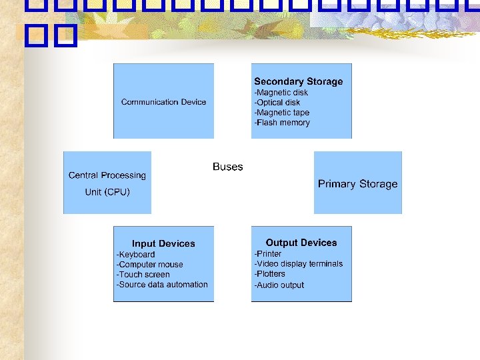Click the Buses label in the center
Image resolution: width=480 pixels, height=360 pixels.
tap(227, 167)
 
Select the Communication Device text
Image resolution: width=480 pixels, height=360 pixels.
tap(163, 102)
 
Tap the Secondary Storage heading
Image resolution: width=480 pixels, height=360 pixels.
tap(298, 81)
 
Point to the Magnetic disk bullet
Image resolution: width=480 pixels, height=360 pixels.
tap(281, 93)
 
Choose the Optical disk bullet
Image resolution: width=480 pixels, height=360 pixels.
tap(277, 103)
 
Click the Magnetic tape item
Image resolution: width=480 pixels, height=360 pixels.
tap(281, 113)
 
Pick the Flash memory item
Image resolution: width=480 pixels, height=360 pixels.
tap(281, 123)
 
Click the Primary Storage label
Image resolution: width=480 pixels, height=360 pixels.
tap(357, 184)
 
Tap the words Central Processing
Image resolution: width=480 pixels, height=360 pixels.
tap(107, 175)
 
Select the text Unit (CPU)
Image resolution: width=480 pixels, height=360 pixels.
tap(107, 192)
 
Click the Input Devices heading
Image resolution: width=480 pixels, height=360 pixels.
tap(163, 243)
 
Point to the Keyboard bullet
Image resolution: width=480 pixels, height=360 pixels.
tap(135, 255)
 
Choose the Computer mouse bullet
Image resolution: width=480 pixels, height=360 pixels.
tap(149, 265)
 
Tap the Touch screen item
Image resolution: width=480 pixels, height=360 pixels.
tap(143, 275)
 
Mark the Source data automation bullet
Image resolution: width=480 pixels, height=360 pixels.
tap(162, 285)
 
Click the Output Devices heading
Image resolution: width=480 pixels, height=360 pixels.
tap(301, 243)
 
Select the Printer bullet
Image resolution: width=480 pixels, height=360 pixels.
tap(267, 254)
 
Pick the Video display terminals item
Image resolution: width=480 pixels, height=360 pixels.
tap(298, 264)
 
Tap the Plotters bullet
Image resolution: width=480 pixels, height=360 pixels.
tap(269, 274)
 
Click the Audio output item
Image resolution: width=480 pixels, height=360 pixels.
tap(279, 285)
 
